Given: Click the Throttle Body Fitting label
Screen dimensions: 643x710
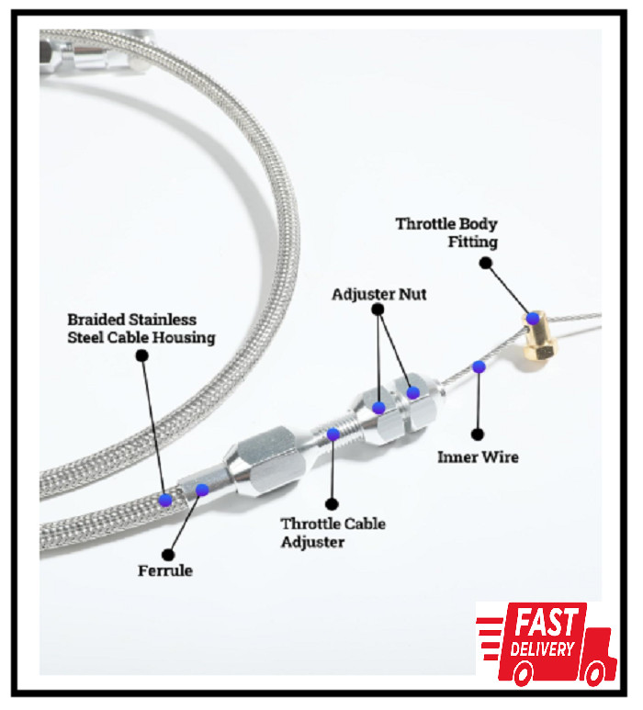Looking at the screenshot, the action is pyautogui.click(x=446, y=232).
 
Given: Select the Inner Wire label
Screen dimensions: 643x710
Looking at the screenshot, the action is pyautogui.click(x=478, y=456).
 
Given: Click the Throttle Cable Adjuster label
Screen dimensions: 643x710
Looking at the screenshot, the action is pyautogui.click(x=333, y=533).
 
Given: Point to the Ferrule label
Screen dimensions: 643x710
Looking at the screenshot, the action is pyautogui.click(x=165, y=570).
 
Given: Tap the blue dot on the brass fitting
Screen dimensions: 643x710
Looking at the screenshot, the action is pyautogui.click(x=532, y=318).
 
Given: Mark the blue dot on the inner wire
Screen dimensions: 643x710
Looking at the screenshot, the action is pyautogui.click(x=479, y=367).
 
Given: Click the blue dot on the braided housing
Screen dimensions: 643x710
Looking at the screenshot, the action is pyautogui.click(x=165, y=500).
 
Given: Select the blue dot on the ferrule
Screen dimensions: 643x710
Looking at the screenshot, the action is pyautogui.click(x=202, y=490).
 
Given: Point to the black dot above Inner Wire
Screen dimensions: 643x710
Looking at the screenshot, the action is pyautogui.click(x=478, y=433).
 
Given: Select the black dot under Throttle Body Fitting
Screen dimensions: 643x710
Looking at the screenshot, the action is pyautogui.click(x=486, y=263).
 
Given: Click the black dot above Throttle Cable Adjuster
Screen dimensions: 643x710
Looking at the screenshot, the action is pyautogui.click(x=332, y=504).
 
